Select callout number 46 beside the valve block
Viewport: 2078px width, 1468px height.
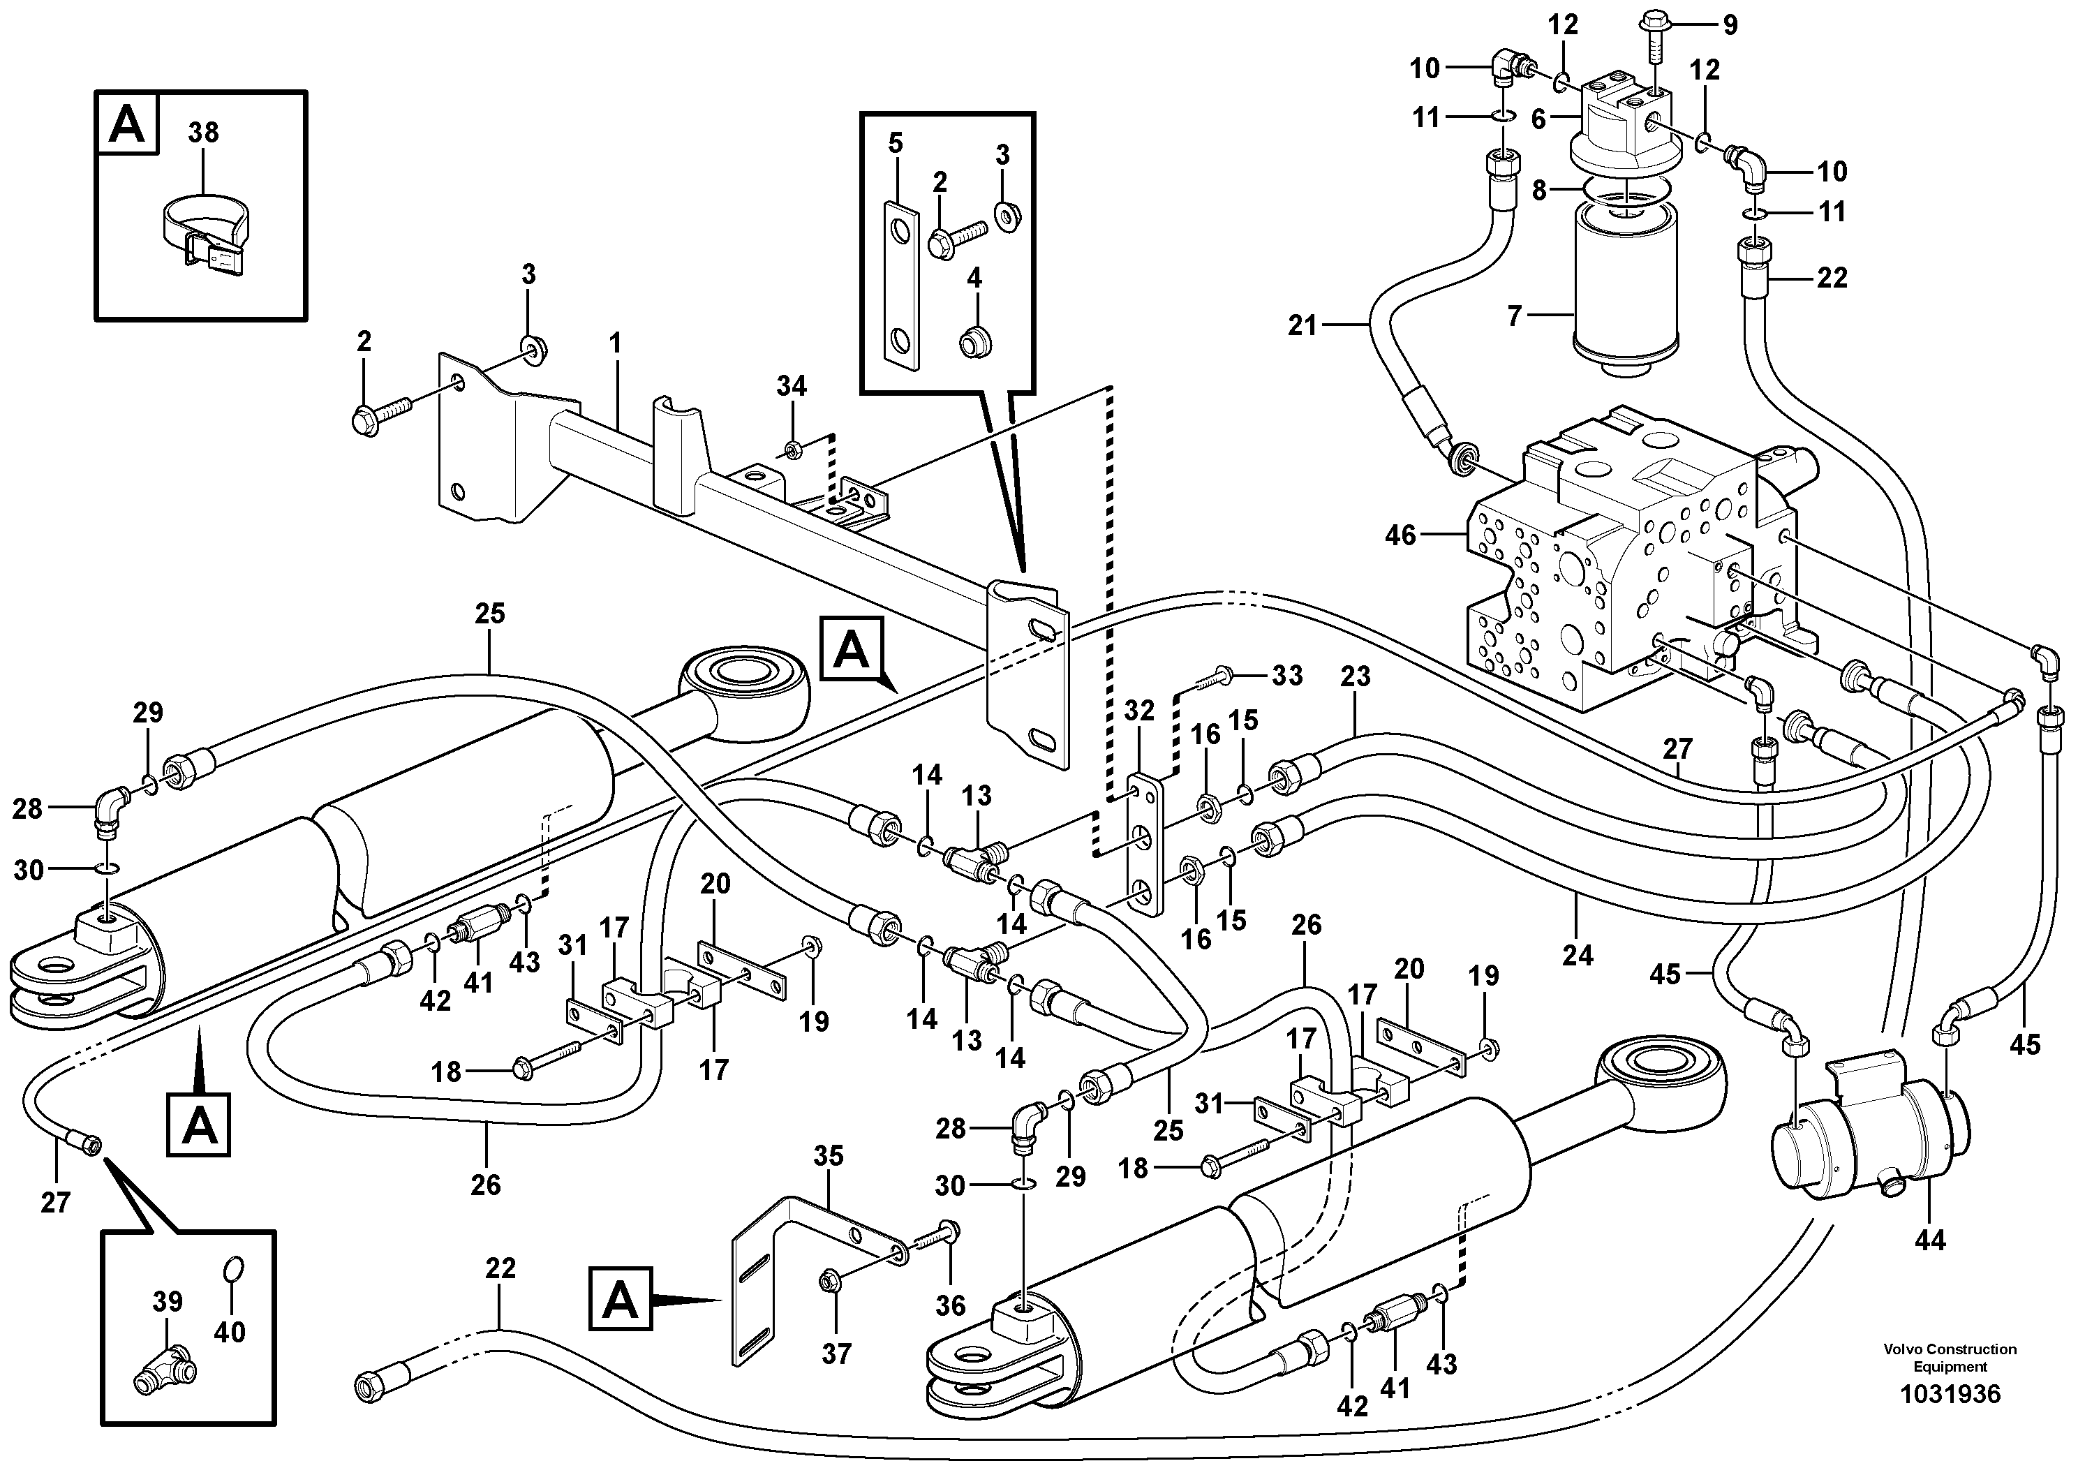[1400, 536]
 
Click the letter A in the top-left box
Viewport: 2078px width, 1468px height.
[126, 125]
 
